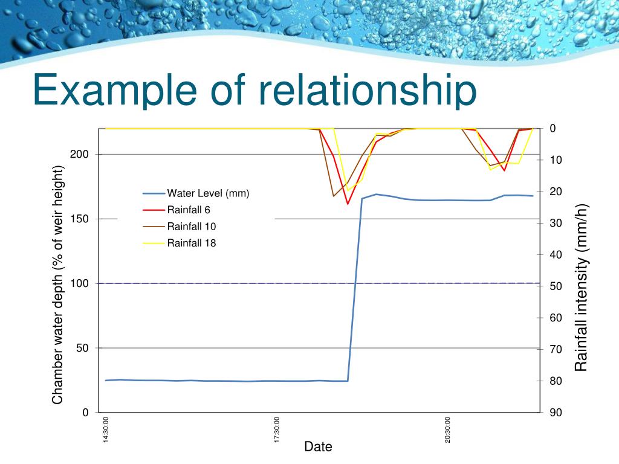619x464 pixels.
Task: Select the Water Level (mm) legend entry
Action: pos(208,193)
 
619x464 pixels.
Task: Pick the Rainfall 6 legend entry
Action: pos(189,210)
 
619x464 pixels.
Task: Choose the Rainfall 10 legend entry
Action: pos(191,227)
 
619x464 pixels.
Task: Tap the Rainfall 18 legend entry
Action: pos(191,243)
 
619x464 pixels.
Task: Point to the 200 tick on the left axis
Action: pos(79,154)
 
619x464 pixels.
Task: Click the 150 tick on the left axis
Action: pos(79,219)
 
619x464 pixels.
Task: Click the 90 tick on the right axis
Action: pos(556,413)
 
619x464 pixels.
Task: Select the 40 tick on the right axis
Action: pos(556,255)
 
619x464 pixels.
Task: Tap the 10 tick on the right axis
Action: pos(556,160)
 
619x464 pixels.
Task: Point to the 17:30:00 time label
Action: pos(277,430)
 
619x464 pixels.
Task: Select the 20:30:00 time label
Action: pos(448,430)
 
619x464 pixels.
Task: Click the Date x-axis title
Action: pos(318,447)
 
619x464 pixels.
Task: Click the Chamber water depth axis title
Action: pos(57,285)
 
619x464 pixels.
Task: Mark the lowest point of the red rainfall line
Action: pos(348,204)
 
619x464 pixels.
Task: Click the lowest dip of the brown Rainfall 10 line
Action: pos(333,196)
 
